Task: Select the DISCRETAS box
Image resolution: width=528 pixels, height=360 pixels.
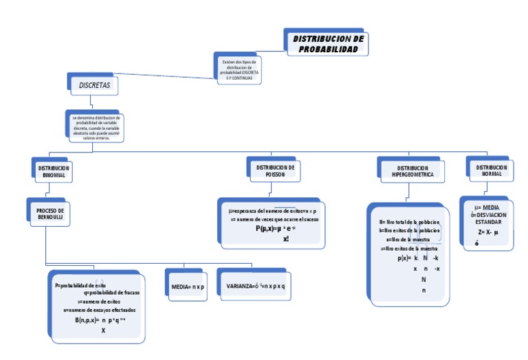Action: coord(93,85)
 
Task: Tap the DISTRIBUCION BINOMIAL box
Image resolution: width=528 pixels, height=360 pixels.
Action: coord(53,171)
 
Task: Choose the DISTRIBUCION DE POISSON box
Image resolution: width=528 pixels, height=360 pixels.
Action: coord(275,170)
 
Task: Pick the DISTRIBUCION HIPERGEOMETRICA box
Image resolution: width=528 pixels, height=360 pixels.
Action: coord(412,171)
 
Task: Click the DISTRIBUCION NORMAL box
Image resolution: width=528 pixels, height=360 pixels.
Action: coord(491,170)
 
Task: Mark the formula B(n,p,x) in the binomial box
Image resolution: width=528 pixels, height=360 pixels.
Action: coord(100,319)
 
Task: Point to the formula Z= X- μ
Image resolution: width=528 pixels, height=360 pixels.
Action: coord(487,232)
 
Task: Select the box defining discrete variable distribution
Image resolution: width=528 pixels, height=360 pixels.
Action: coord(96,128)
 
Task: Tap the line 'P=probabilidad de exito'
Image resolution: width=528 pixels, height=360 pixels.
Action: coord(80,284)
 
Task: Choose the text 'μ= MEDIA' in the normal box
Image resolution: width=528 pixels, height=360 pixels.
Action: coord(487,207)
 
